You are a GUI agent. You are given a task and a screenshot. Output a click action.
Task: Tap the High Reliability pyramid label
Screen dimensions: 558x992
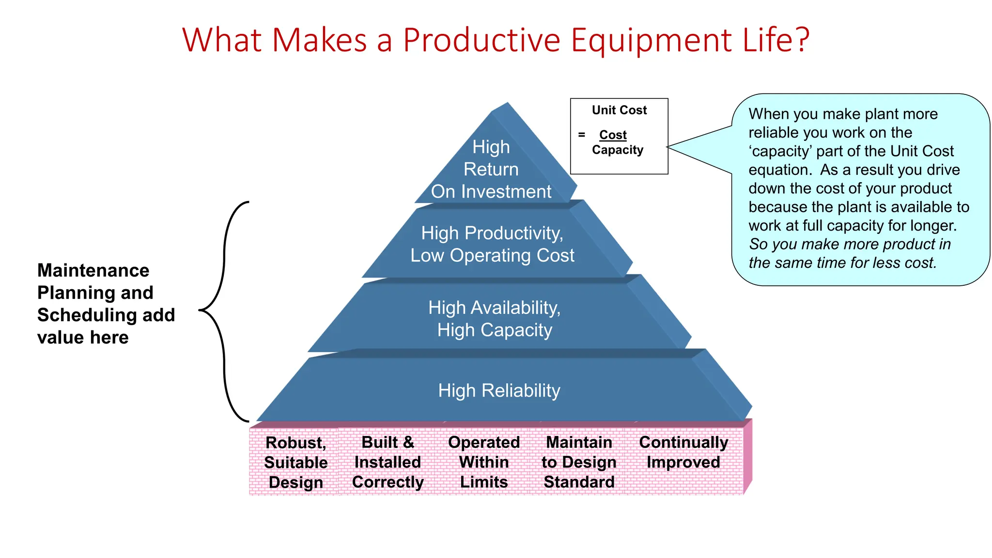click(499, 390)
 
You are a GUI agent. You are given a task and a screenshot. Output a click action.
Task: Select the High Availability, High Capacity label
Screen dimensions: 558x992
click(495, 319)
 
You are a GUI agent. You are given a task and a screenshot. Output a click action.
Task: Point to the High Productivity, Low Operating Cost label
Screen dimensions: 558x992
click(492, 244)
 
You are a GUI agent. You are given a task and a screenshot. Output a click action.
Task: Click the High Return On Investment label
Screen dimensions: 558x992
click(491, 169)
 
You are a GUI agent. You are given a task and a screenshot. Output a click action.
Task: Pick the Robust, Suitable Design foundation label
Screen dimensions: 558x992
click(295, 463)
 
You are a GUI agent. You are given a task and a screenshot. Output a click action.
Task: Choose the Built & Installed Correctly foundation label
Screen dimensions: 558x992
click(387, 462)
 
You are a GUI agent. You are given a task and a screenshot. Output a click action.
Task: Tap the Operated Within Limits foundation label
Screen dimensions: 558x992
click(484, 462)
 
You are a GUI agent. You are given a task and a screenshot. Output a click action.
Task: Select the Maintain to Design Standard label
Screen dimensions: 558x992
click(579, 462)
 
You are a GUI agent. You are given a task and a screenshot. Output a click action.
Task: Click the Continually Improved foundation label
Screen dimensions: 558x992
click(683, 452)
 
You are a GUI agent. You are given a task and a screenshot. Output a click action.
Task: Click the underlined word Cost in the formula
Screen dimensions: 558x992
click(613, 135)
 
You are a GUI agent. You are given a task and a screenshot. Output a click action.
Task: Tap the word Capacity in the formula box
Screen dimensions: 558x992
click(618, 150)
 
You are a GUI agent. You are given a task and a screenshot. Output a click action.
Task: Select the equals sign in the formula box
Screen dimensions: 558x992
click(582, 135)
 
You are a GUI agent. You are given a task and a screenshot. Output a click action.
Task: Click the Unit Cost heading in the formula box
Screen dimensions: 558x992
click(619, 110)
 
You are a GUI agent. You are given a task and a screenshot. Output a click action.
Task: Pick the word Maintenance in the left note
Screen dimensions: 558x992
click(93, 270)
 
